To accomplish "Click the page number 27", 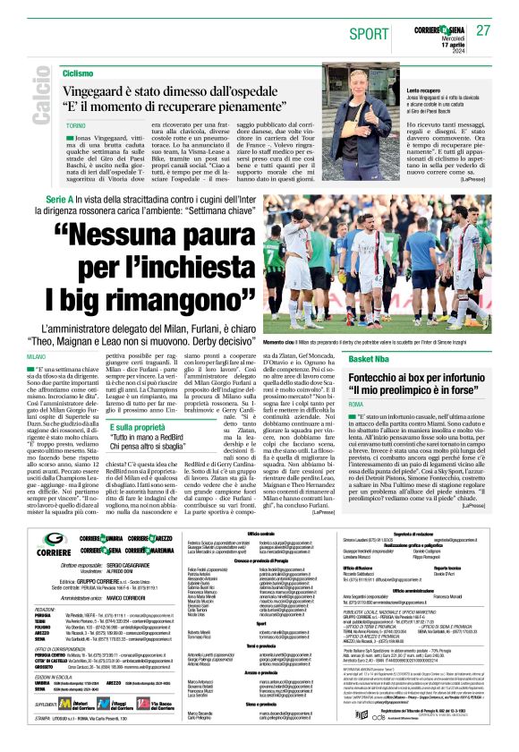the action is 483,30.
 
